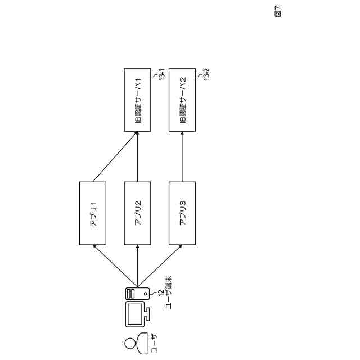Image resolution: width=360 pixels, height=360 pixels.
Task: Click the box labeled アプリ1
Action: [93, 213]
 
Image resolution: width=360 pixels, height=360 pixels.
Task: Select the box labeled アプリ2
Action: [138, 213]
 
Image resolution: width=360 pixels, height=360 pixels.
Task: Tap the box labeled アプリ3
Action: [182, 213]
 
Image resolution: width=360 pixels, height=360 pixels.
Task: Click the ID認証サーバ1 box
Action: [138, 101]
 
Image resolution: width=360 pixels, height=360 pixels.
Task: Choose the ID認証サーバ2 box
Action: [182, 101]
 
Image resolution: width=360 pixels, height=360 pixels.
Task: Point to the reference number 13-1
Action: [161, 75]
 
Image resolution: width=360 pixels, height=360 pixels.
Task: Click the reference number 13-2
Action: [206, 75]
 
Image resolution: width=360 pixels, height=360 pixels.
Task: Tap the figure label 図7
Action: [278, 12]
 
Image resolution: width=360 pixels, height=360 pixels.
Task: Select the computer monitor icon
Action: [137, 315]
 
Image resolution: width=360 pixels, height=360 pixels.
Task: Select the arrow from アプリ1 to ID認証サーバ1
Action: [115, 157]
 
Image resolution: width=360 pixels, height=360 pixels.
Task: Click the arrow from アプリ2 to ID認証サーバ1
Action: [138, 157]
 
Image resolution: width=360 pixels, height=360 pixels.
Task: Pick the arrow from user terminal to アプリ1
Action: [115, 265]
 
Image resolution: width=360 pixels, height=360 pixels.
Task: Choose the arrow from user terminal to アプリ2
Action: [138, 265]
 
